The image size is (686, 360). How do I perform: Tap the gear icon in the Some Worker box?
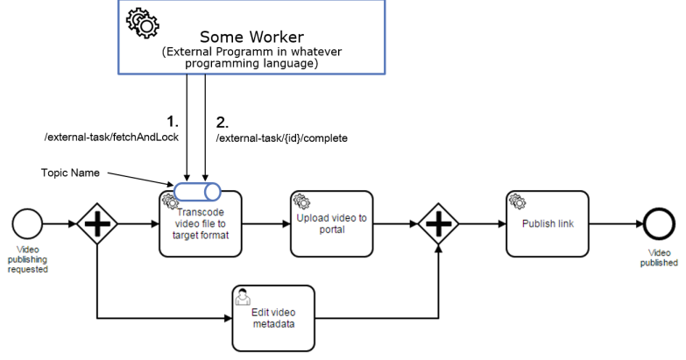tap(143, 23)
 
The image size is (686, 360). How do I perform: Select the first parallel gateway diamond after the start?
tap(96, 223)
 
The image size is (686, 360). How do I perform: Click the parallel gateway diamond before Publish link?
tap(439, 223)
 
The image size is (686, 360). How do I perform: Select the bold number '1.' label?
tap(173, 120)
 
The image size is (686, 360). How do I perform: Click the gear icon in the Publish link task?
tap(517, 201)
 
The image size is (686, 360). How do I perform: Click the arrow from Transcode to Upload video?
tap(267, 223)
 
